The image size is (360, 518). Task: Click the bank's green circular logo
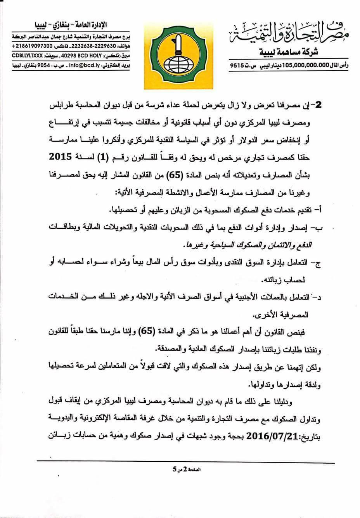(x=180, y=50)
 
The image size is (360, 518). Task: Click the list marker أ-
(x=322, y=211)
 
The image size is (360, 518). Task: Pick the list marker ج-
(x=322, y=263)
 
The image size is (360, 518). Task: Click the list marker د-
(x=322, y=297)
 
